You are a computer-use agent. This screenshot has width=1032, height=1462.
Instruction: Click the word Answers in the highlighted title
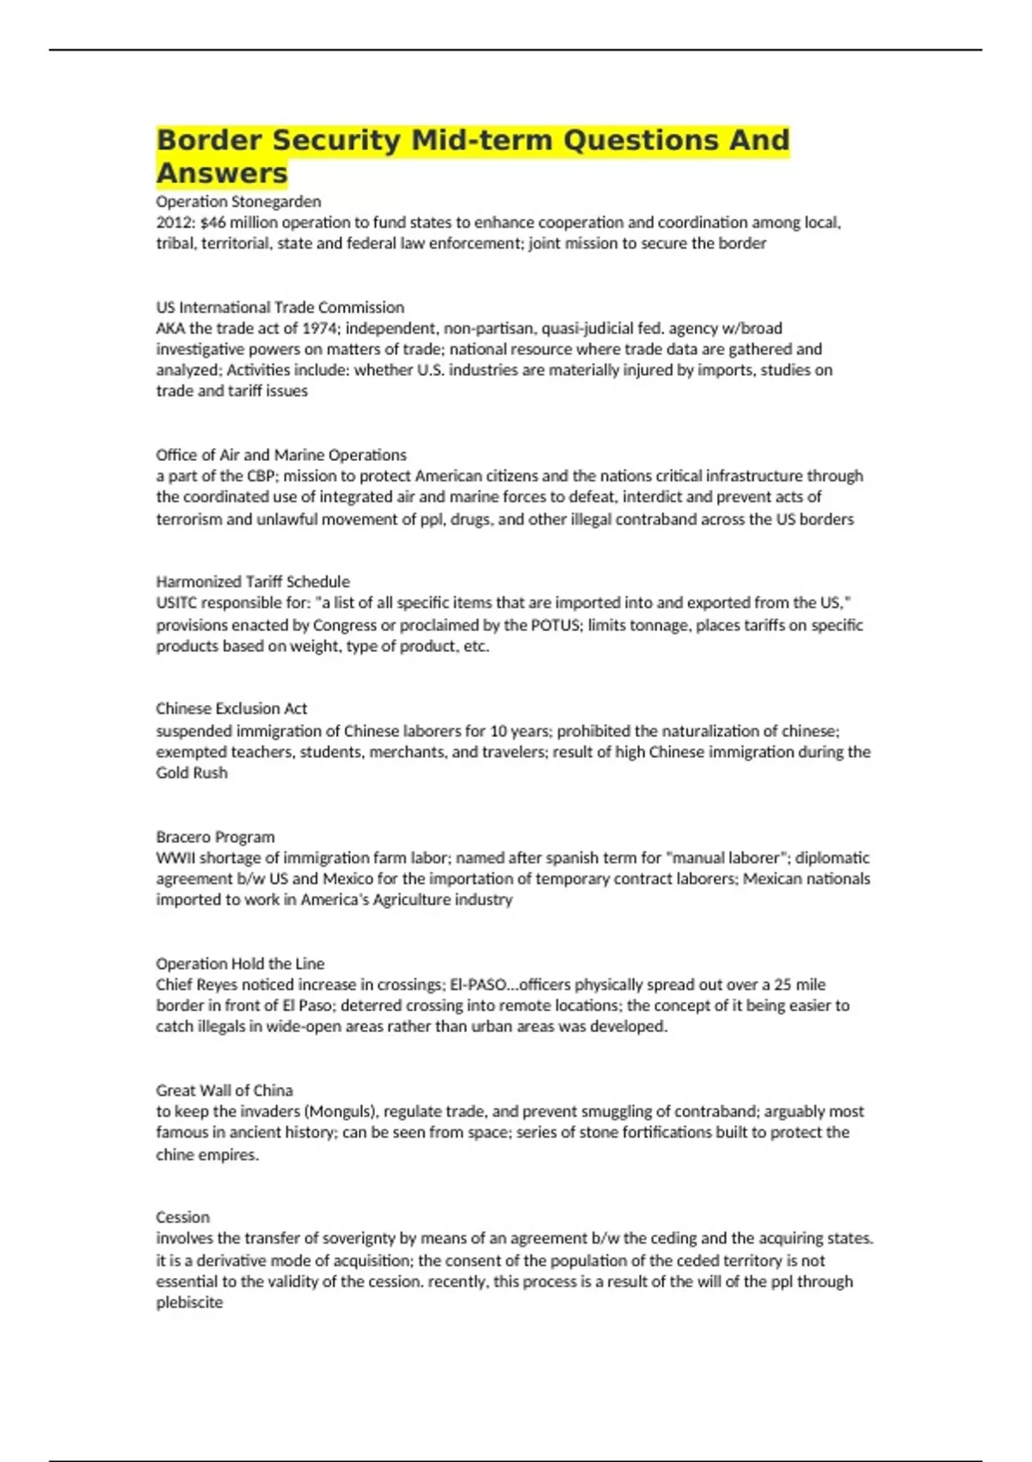click(222, 173)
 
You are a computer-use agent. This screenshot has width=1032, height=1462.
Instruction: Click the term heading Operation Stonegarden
click(238, 201)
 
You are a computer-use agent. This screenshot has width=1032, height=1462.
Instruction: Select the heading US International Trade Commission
click(279, 307)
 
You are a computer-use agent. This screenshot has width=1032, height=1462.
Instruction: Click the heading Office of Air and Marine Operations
click(280, 455)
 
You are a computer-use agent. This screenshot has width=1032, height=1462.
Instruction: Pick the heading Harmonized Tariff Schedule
click(253, 581)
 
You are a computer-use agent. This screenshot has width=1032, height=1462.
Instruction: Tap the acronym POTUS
click(556, 625)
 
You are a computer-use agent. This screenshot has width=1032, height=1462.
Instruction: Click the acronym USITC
click(177, 603)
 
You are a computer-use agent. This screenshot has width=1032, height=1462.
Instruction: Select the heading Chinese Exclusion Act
click(231, 709)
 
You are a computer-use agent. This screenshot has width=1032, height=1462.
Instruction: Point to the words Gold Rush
click(192, 773)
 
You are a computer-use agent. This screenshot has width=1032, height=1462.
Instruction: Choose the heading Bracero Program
click(215, 837)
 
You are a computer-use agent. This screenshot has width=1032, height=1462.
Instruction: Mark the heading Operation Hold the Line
click(240, 964)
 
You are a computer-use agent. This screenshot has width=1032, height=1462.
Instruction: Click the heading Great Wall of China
click(224, 1090)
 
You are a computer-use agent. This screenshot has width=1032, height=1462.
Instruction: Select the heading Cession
click(182, 1218)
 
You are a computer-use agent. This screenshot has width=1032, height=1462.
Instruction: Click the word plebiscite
click(189, 1303)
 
